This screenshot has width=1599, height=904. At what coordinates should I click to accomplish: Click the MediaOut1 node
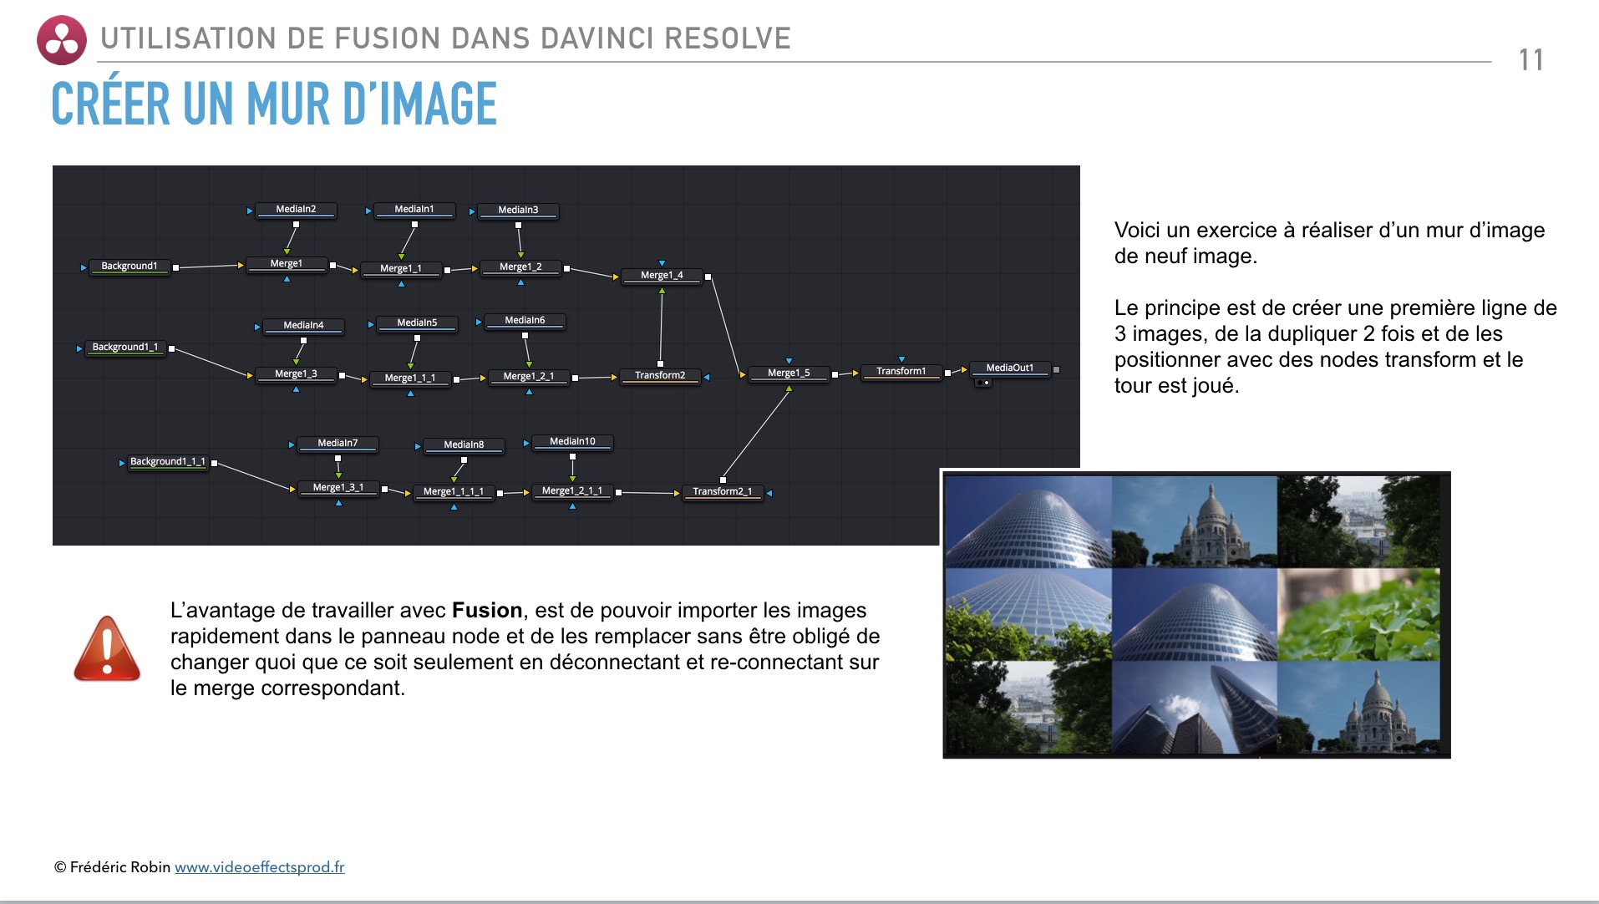tap(1009, 368)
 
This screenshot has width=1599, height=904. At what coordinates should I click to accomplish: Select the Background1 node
tap(129, 267)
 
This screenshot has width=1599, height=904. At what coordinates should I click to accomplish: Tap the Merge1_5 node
tap(788, 373)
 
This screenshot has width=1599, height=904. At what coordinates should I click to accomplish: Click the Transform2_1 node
tap(722, 492)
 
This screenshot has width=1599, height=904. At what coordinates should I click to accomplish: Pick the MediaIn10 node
tap(572, 442)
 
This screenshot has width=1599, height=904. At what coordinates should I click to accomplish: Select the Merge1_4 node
tap(661, 276)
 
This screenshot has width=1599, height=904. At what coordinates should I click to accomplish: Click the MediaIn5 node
tap(416, 323)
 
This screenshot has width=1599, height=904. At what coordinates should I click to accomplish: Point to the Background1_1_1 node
tap(167, 462)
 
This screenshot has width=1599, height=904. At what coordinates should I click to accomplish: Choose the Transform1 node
tap(901, 372)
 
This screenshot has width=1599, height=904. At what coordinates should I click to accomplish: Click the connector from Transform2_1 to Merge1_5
tap(755, 435)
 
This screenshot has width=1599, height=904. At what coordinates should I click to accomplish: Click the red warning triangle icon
tap(107, 649)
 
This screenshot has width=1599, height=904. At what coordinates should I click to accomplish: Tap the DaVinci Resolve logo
tap(61, 40)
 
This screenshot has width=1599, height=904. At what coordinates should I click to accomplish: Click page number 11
tap(1530, 60)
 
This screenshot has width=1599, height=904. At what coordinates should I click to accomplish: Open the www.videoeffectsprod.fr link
tap(259, 867)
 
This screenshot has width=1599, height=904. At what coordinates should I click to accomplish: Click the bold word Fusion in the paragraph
tap(486, 611)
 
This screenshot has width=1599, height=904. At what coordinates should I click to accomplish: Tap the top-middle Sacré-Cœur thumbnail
tap(1194, 521)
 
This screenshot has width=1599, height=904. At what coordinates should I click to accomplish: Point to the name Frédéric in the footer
tap(99, 867)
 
